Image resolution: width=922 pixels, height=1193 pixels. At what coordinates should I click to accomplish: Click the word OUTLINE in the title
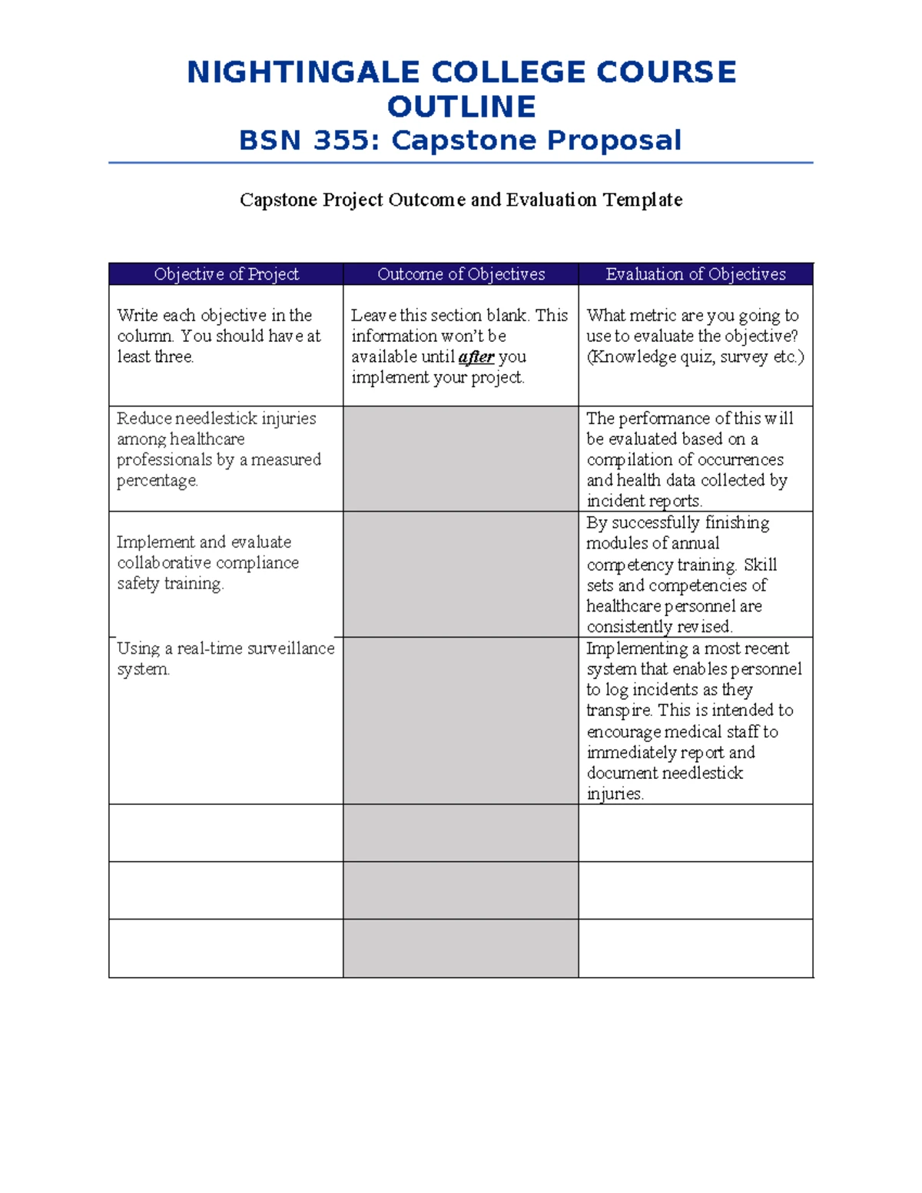461,107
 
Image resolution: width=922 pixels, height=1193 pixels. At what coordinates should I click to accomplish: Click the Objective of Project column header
226,274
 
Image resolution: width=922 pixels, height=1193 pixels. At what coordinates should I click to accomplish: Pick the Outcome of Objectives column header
461,274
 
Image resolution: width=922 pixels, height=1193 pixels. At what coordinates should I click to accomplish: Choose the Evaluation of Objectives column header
695,274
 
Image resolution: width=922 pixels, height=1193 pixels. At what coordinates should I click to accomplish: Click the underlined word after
476,357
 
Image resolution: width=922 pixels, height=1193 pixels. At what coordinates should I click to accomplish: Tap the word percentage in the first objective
158,481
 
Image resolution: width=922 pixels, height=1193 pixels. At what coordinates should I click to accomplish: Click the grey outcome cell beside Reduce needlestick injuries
460,459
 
